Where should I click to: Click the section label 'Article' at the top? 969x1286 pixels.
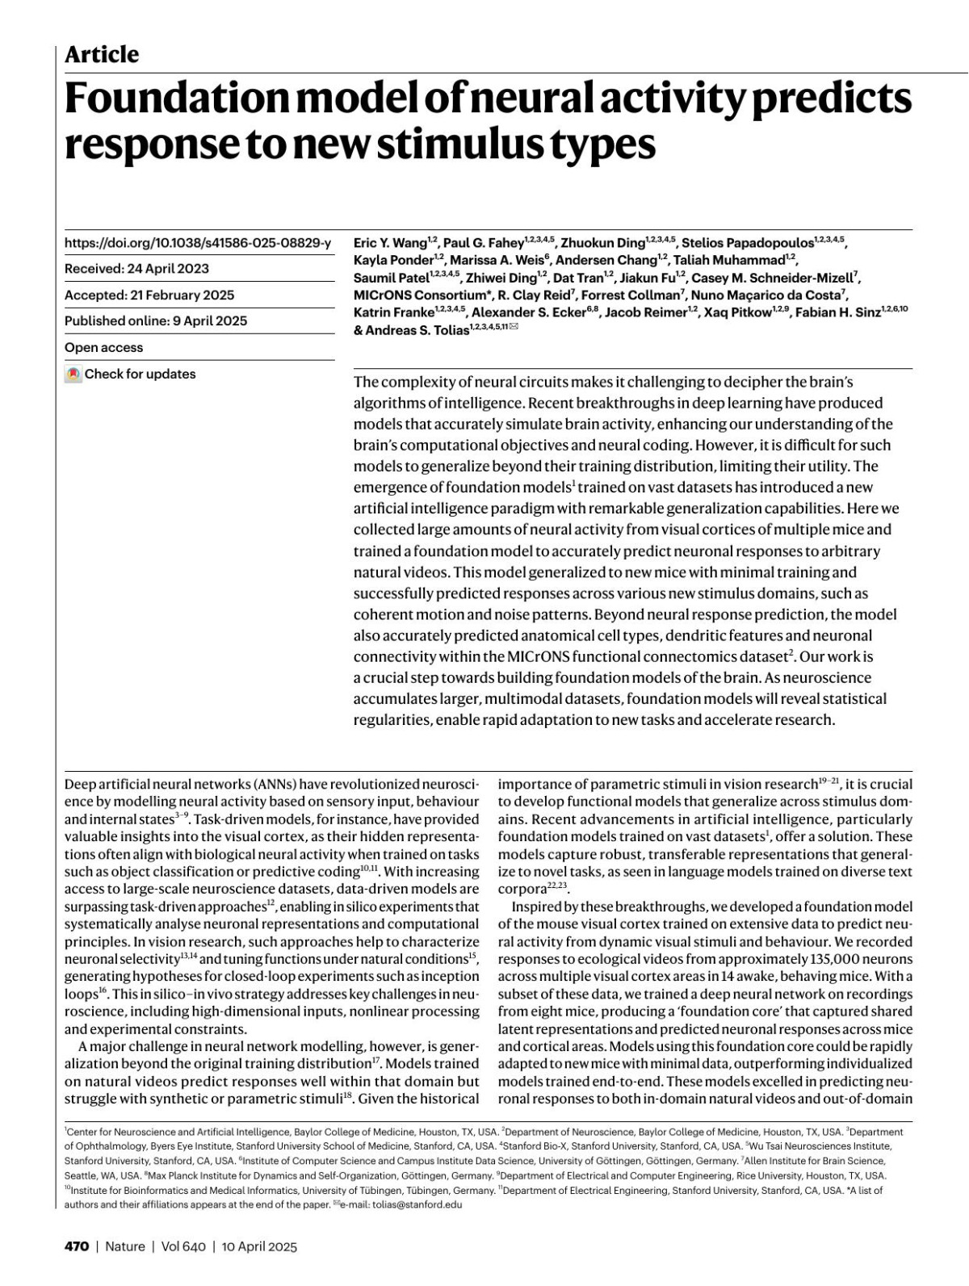102,55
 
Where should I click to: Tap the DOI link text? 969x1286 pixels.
198,242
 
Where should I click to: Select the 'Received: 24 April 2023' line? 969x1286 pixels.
136,269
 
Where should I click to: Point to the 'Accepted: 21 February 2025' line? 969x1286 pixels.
149,295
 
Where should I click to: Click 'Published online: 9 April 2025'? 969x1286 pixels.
156,321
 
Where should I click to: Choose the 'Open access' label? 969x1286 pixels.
103,348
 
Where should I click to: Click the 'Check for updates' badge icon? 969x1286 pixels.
73,375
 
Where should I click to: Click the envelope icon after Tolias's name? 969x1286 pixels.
514,327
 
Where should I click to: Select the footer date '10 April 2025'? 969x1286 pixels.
259,1246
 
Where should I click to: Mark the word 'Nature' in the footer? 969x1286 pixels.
125,1246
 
